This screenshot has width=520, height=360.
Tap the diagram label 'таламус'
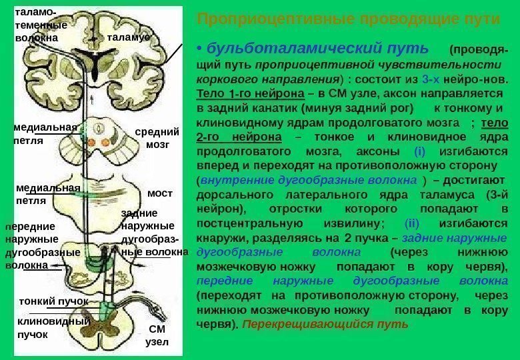[128, 38]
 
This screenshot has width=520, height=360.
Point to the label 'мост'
[159, 193]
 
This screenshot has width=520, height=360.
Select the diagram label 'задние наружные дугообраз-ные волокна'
[153, 233]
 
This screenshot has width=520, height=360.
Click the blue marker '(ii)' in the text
[411, 223]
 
